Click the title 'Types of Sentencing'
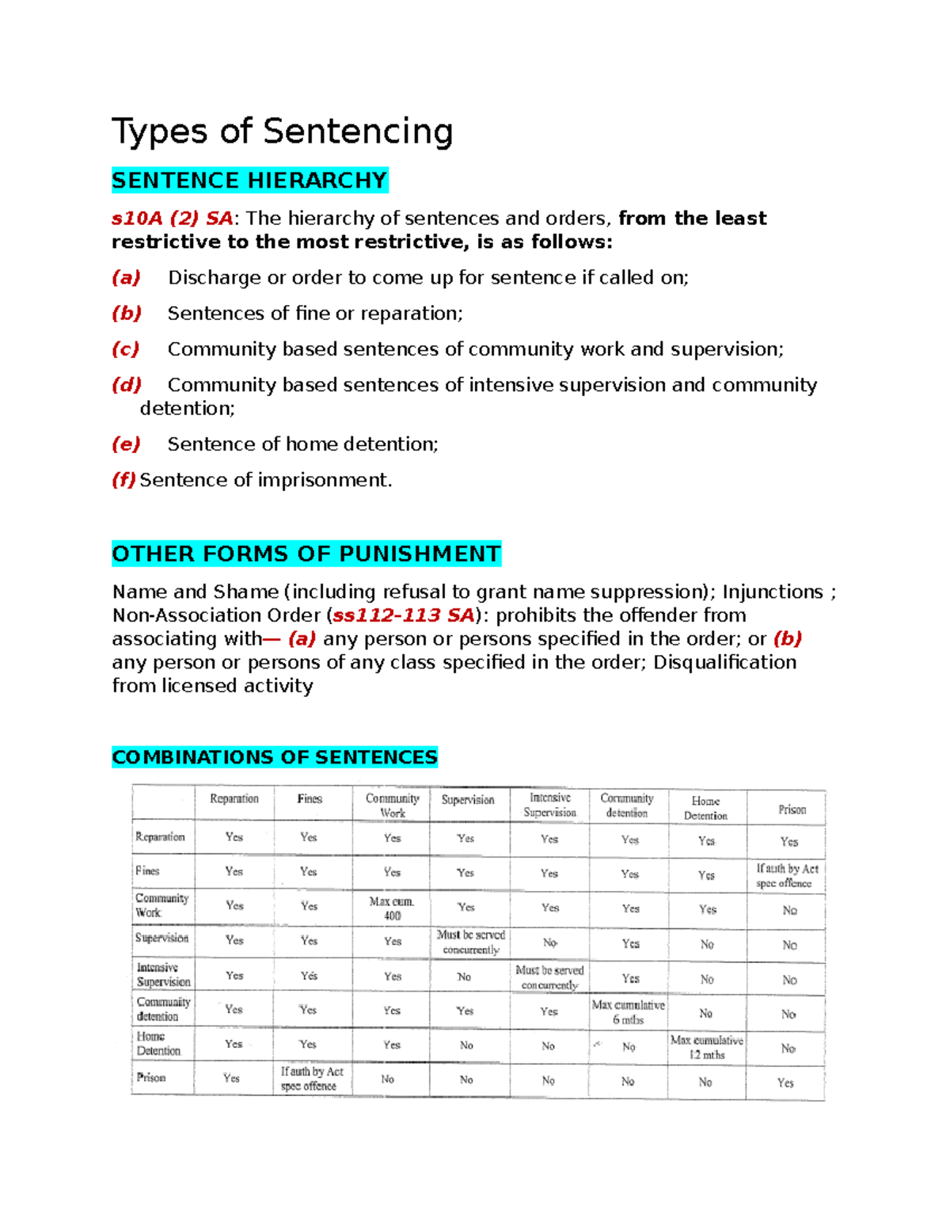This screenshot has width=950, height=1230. click(x=282, y=131)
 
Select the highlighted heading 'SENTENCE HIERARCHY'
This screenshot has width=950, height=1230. click(x=249, y=181)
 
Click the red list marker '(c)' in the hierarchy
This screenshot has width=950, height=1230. click(x=126, y=349)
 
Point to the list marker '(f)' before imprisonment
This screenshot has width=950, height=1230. click(x=123, y=480)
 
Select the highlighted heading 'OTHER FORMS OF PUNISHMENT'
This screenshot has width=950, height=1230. click(x=306, y=554)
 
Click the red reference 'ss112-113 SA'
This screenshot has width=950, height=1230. click(x=403, y=615)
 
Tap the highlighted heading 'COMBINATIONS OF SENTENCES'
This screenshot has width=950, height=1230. click(x=275, y=757)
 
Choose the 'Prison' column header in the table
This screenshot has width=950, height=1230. click(x=792, y=809)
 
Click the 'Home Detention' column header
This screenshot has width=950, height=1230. click(x=705, y=809)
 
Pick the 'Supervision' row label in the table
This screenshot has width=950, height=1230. click(x=161, y=939)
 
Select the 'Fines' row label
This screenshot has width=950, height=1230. click(x=147, y=871)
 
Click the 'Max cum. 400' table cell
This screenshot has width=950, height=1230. click(x=392, y=908)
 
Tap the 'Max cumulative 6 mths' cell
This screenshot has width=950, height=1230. click(x=629, y=1012)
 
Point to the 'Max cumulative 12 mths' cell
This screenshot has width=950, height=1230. click(x=706, y=1047)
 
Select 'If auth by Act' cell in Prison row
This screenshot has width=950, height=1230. click(x=311, y=1079)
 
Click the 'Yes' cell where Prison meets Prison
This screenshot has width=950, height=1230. click(x=785, y=1083)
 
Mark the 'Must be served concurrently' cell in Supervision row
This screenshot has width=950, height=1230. click(x=470, y=942)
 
